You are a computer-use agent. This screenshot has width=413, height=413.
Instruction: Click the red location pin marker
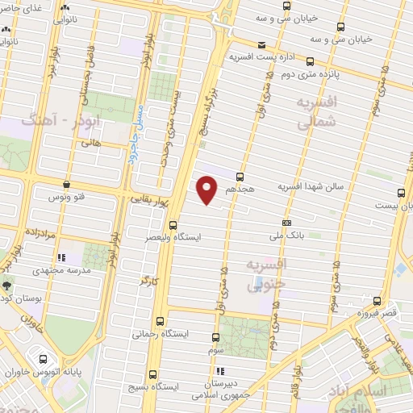tap(207, 190)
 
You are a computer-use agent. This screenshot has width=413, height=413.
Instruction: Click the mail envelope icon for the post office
tap(260, 45)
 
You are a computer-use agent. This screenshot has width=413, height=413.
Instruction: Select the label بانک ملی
tap(286, 237)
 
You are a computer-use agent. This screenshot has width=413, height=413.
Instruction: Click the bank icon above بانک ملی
tap(286, 223)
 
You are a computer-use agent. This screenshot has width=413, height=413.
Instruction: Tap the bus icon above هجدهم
tap(240, 176)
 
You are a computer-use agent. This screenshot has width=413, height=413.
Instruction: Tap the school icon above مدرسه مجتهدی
tap(60, 259)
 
